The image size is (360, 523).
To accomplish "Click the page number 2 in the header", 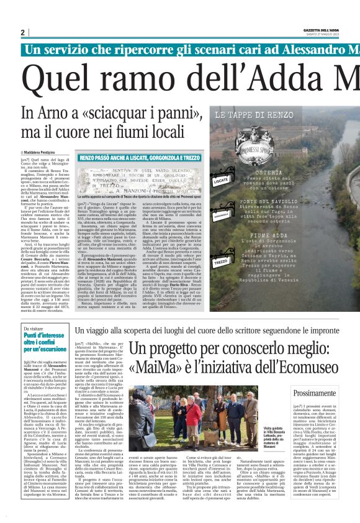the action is (23, 32).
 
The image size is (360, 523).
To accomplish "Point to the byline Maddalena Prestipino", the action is (42, 152).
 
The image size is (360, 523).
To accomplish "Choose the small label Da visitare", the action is (32, 329).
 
